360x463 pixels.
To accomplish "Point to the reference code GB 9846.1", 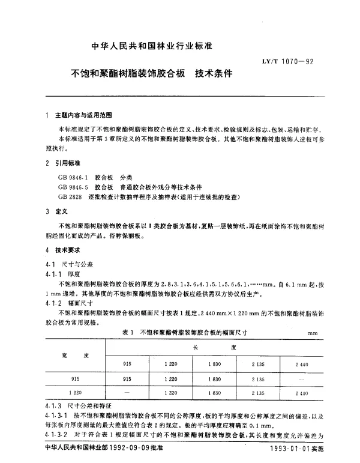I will coord(73,177).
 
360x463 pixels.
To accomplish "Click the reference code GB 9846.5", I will coord(73,187).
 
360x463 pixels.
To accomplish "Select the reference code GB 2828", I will coord(70,196).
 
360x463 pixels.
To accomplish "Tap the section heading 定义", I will coord(61,211).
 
